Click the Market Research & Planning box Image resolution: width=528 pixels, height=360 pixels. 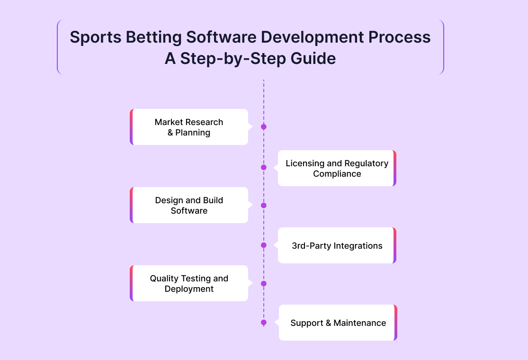point(189,127)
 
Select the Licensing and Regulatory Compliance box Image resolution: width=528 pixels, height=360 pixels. point(337,168)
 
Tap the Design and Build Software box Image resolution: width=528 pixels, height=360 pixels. point(189,205)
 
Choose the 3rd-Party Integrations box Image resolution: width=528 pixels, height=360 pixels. point(337,245)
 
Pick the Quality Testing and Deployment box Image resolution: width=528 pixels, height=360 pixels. point(189,283)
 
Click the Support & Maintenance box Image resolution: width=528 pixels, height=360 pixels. point(338,323)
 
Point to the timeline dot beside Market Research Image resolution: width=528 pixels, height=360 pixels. point(264,126)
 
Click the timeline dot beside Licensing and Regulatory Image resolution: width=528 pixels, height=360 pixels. point(264,167)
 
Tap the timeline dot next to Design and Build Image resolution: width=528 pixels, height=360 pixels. point(264,206)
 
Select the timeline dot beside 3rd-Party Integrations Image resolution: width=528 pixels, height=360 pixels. point(264,245)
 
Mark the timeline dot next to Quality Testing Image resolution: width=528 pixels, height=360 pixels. point(264,284)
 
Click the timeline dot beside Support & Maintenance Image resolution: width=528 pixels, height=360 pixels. point(264,323)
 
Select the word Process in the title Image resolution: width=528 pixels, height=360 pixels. point(399,37)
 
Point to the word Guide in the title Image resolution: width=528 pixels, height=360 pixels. point(313,58)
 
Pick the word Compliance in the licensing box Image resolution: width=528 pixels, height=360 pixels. point(337,174)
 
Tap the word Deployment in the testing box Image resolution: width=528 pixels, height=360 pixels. point(189,289)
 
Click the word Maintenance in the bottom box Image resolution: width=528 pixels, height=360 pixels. point(359,323)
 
